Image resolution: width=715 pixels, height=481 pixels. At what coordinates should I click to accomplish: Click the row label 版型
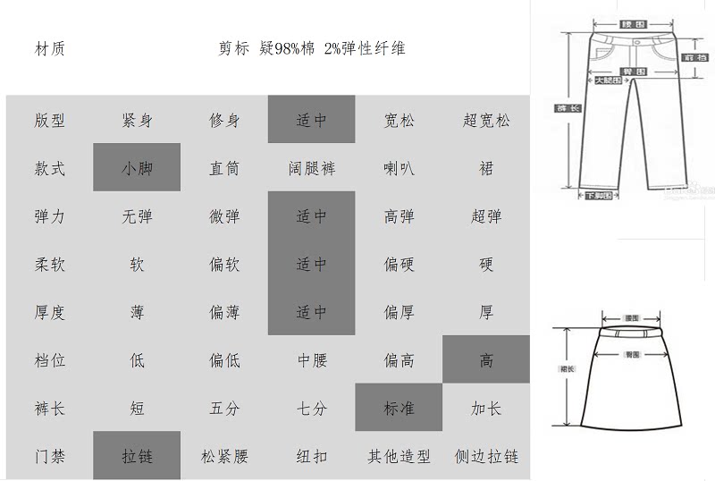coord(50,120)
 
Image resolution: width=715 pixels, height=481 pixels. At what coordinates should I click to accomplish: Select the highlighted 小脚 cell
coord(137,168)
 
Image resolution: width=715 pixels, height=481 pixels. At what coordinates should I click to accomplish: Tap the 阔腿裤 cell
coord(312,168)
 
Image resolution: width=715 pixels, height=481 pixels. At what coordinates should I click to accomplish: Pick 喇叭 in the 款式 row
coord(399,168)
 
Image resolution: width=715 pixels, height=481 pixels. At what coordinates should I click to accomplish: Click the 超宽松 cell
coord(486,120)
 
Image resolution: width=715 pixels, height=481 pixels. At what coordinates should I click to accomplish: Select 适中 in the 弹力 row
coord(312,216)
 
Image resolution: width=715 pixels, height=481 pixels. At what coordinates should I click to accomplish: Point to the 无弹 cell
coord(137,216)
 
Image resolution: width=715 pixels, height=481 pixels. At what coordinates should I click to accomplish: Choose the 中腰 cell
coord(312,360)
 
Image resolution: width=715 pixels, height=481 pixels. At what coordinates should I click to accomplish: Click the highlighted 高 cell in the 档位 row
coord(486,360)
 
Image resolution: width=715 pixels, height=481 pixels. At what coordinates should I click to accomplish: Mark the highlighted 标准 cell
coord(399,409)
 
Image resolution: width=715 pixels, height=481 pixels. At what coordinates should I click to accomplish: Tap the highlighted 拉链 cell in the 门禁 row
coord(137,457)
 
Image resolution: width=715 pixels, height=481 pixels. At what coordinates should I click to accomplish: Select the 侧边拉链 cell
coord(486,457)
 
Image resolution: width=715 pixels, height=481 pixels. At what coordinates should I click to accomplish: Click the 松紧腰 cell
coord(224,457)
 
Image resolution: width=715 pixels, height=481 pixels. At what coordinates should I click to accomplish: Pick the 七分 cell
coord(312,409)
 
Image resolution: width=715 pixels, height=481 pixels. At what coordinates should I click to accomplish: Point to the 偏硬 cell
coord(399,265)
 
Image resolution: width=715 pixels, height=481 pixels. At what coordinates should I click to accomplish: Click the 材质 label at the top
coord(50,48)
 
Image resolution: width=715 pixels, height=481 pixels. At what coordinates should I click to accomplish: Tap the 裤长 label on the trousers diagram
coord(568,108)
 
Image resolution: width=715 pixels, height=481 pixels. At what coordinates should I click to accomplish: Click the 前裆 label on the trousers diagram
coord(695,57)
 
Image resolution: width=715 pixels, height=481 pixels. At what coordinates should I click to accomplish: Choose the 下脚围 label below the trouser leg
coord(598,195)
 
